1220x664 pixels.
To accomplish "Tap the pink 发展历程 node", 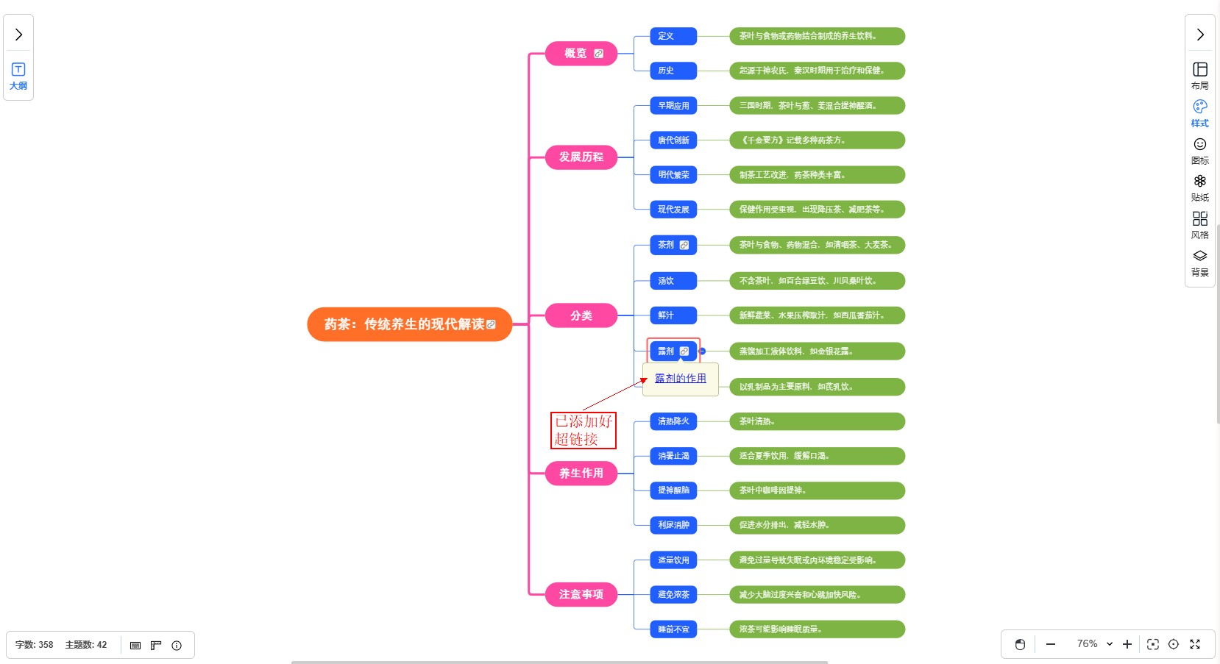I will [581, 157].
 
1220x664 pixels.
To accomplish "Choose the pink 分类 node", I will [581, 315].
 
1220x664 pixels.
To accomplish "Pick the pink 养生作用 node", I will [581, 474].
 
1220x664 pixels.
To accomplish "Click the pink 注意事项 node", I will [581, 594].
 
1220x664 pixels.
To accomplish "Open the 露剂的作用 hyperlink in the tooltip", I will [680, 379].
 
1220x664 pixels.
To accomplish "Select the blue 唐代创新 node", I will [673, 140].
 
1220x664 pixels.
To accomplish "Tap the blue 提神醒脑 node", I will [673, 490].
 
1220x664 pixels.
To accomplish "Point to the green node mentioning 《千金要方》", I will [817, 140].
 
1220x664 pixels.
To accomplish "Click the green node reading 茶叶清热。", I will [817, 421].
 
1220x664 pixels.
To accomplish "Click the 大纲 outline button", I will [18, 76].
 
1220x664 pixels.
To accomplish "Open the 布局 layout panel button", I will [1200, 76].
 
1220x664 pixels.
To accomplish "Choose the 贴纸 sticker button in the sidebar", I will [1200, 188].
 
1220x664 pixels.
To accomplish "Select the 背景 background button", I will [1200, 263].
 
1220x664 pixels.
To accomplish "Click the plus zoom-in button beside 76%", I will [1127, 644].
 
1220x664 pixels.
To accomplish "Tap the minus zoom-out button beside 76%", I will [1051, 644].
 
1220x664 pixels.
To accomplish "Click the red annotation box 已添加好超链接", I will [583, 430].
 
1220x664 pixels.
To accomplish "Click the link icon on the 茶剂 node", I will [684, 245].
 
